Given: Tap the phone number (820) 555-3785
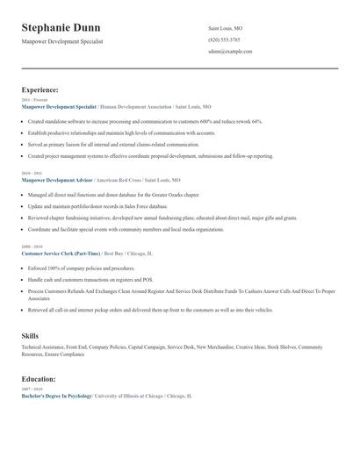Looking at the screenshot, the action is [225, 39].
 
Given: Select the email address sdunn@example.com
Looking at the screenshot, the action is [230, 52].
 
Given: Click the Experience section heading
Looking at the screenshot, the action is [40, 89].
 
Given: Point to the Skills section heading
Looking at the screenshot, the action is [30, 335].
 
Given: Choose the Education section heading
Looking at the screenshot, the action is [39, 378].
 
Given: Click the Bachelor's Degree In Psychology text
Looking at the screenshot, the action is [56, 396].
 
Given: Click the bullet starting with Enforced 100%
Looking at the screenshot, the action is [81, 268].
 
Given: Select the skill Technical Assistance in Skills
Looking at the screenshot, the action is [43, 347].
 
